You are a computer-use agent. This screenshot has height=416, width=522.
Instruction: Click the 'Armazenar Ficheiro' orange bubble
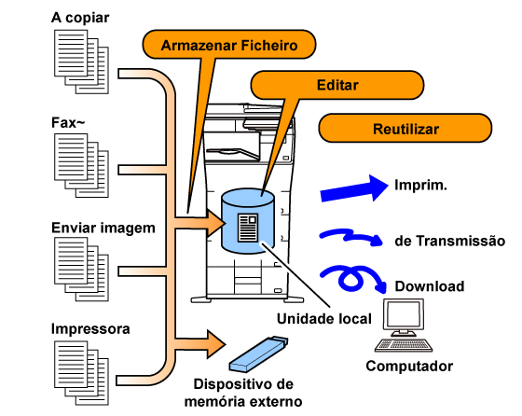coord(229,45)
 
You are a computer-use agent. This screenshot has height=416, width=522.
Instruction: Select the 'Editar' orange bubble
coord(337,85)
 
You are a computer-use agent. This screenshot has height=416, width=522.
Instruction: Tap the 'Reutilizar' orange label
coord(405,129)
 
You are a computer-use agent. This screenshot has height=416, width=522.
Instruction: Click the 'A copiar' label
coord(80,18)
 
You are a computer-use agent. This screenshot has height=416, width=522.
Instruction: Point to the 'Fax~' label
coord(68,122)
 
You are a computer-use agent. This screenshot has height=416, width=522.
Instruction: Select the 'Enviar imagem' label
coord(103,228)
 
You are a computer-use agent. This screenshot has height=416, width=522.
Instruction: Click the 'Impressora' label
coord(90,328)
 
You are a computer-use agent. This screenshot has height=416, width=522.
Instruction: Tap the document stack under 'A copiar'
coord(82,62)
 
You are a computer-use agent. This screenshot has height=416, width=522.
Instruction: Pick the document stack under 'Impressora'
coord(82,373)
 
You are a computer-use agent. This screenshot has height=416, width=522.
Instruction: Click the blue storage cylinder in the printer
coord(248,221)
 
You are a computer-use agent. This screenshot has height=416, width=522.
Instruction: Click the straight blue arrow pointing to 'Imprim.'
coord(354,188)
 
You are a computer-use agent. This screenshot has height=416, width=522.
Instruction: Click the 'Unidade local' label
coord(324,319)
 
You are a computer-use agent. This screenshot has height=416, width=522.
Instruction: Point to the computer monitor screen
coord(404,314)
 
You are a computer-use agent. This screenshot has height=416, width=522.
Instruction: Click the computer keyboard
coord(404,345)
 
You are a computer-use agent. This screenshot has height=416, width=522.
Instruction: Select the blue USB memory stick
coord(258,354)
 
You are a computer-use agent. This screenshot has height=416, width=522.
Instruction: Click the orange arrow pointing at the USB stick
coord(199,344)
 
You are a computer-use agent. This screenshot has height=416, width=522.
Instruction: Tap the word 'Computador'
coord(409,366)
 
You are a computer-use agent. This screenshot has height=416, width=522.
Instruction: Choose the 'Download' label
coord(430,286)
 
